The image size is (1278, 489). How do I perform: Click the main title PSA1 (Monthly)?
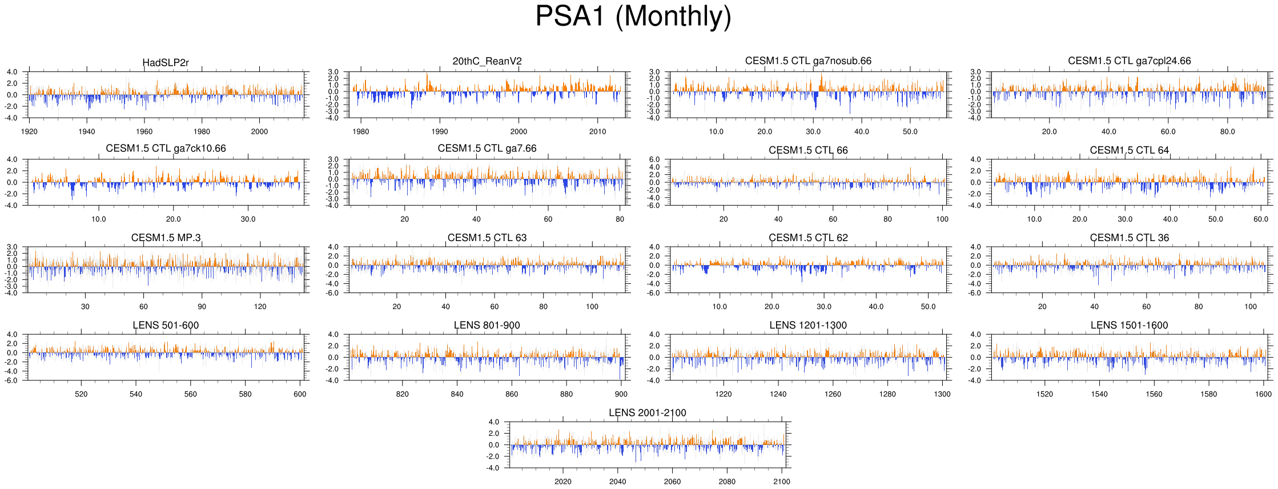[x=633, y=17]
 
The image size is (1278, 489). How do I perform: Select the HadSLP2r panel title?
[x=166, y=62]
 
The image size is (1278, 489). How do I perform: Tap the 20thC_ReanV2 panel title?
[x=487, y=61]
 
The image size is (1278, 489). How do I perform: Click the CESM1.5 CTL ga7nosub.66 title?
[x=808, y=61]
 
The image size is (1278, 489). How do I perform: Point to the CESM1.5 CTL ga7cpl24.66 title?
[x=1129, y=61]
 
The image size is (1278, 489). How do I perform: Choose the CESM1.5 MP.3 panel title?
[x=166, y=238]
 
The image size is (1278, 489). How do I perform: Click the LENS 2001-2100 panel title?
[x=647, y=412]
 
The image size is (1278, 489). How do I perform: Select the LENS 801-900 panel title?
[x=487, y=325]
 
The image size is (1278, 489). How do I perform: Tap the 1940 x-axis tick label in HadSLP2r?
[x=87, y=131]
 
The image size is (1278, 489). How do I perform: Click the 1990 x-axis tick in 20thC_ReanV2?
[x=440, y=131]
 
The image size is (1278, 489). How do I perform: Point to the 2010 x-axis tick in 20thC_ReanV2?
[x=598, y=131]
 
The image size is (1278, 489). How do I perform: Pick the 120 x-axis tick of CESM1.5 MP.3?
[x=260, y=307]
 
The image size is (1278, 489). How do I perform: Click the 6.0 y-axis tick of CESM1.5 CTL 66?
[x=654, y=159]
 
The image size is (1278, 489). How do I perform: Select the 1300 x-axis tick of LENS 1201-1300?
[x=942, y=394]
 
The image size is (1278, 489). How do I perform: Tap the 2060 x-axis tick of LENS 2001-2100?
[x=672, y=482]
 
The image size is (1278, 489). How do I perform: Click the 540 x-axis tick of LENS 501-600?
[x=136, y=394]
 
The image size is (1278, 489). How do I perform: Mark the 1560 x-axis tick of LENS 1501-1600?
[x=1154, y=394]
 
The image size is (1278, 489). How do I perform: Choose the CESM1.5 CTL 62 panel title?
[x=808, y=238]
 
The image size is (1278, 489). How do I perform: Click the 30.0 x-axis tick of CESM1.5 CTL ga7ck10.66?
[x=248, y=219]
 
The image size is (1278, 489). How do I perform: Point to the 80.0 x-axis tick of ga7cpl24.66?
[x=1228, y=131]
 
